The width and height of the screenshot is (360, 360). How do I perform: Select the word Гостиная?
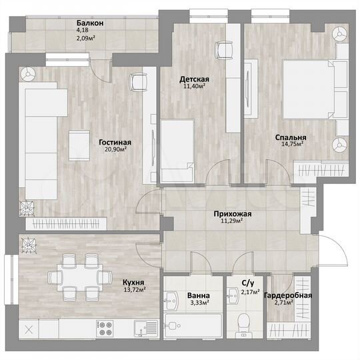pyautogui.click(x=115, y=142)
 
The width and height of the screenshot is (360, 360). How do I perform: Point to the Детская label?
pyautogui.click(x=194, y=79)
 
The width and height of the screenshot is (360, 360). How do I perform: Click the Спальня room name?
pyautogui.click(x=290, y=137)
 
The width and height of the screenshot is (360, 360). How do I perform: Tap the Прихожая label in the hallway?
pyautogui.click(x=232, y=214)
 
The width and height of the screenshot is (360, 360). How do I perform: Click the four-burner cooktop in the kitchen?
pyautogui.click(x=105, y=328)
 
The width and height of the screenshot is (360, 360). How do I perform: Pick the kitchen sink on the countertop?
pyautogui.click(x=141, y=327)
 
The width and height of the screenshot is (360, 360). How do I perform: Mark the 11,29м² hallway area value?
pyautogui.click(x=232, y=221)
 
